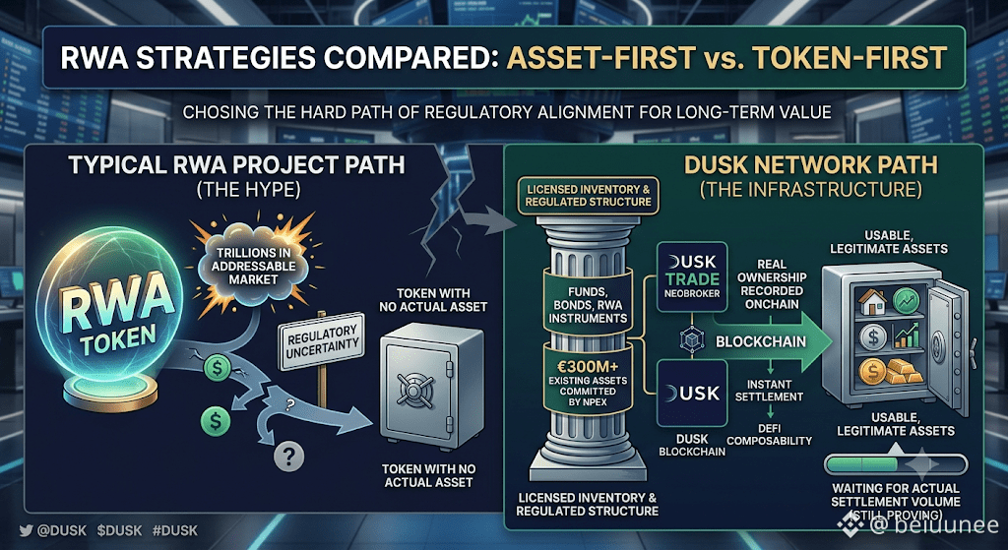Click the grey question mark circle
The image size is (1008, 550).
(x=288, y=457)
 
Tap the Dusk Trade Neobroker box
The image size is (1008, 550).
(x=690, y=276)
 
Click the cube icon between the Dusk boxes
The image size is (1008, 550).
(x=691, y=339)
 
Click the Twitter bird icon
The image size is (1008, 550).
(x=26, y=530)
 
